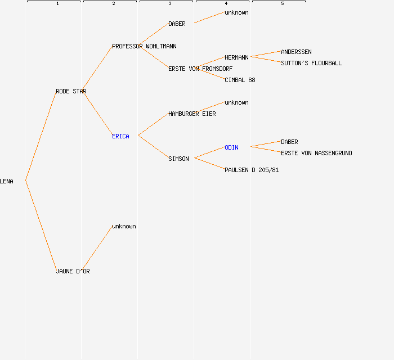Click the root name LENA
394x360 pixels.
pyautogui.click(x=7, y=181)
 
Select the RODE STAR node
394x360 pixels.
pyautogui.click(x=71, y=91)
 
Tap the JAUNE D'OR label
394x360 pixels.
pyautogui.click(x=73, y=271)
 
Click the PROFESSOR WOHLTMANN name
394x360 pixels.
pyautogui.click(x=144, y=46)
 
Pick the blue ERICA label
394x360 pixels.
pyautogui.click(x=120, y=136)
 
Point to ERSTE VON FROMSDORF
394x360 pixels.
pyautogui.click(x=200, y=69)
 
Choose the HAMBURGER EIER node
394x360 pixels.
pyautogui.click(x=192, y=114)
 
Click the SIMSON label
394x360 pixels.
pyautogui.click(x=178, y=159)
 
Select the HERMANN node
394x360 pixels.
pyautogui.click(x=236, y=57)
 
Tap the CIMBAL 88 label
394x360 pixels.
pyautogui.click(x=240, y=80)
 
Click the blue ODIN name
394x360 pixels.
pyautogui.click(x=231, y=147)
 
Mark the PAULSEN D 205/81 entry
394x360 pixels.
pyautogui.click(x=252, y=170)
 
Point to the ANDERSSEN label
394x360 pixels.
pyautogui.click(x=296, y=52)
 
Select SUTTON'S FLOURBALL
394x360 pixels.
pyautogui.click(x=311, y=63)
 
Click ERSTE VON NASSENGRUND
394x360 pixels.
pyautogui.click(x=316, y=153)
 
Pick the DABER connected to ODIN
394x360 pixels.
pyautogui.click(x=289, y=142)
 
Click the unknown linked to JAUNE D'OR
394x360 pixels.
pyautogui.click(x=124, y=226)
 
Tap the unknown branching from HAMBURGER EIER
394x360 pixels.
pyautogui.click(x=236, y=102)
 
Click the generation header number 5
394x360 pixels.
pyautogui.click(x=282, y=4)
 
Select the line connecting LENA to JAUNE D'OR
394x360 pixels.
pyautogui.click(x=41, y=225)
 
